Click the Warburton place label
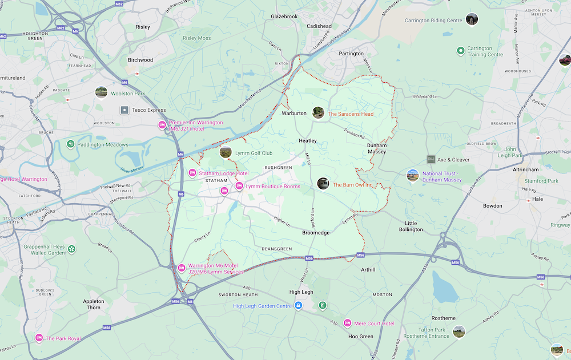point(294,113)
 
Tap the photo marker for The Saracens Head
point(318,113)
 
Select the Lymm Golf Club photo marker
point(226,152)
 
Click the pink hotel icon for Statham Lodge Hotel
point(192,173)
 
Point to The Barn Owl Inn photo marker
point(323,184)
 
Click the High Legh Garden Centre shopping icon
point(298,306)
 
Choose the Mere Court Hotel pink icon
point(347,323)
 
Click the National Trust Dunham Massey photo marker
point(412,175)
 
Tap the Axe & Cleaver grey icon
point(431,159)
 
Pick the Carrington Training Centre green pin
point(460,51)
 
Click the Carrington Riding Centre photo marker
point(471,20)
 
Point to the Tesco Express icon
point(124,110)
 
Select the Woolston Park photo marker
point(101,92)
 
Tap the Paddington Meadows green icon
point(70,144)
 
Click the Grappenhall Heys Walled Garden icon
point(71,249)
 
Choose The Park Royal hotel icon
point(39,338)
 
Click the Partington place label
point(351,54)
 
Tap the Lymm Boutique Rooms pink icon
point(239,186)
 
